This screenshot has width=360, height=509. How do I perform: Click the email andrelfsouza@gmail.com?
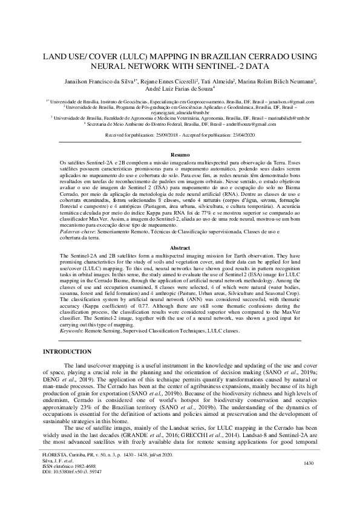(254, 124)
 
